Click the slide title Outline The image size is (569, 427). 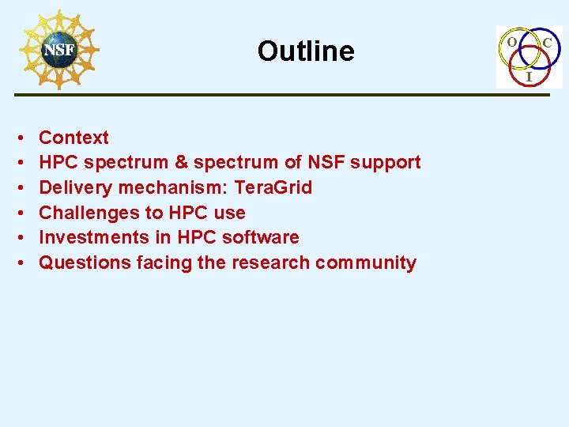tap(306, 51)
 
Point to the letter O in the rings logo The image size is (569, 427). tap(512, 40)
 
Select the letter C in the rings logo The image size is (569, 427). tap(547, 40)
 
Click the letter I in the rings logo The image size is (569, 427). tap(529, 77)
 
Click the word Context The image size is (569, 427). tap(73, 138)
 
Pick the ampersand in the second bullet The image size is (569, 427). tap(181, 162)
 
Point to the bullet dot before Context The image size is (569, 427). tap(18, 138)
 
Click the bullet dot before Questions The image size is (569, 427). tap(18, 263)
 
